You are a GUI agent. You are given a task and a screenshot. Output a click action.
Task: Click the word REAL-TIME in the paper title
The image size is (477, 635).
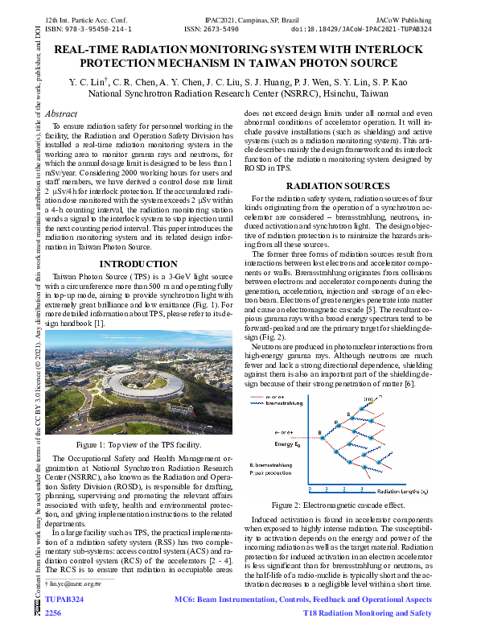point(91,50)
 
